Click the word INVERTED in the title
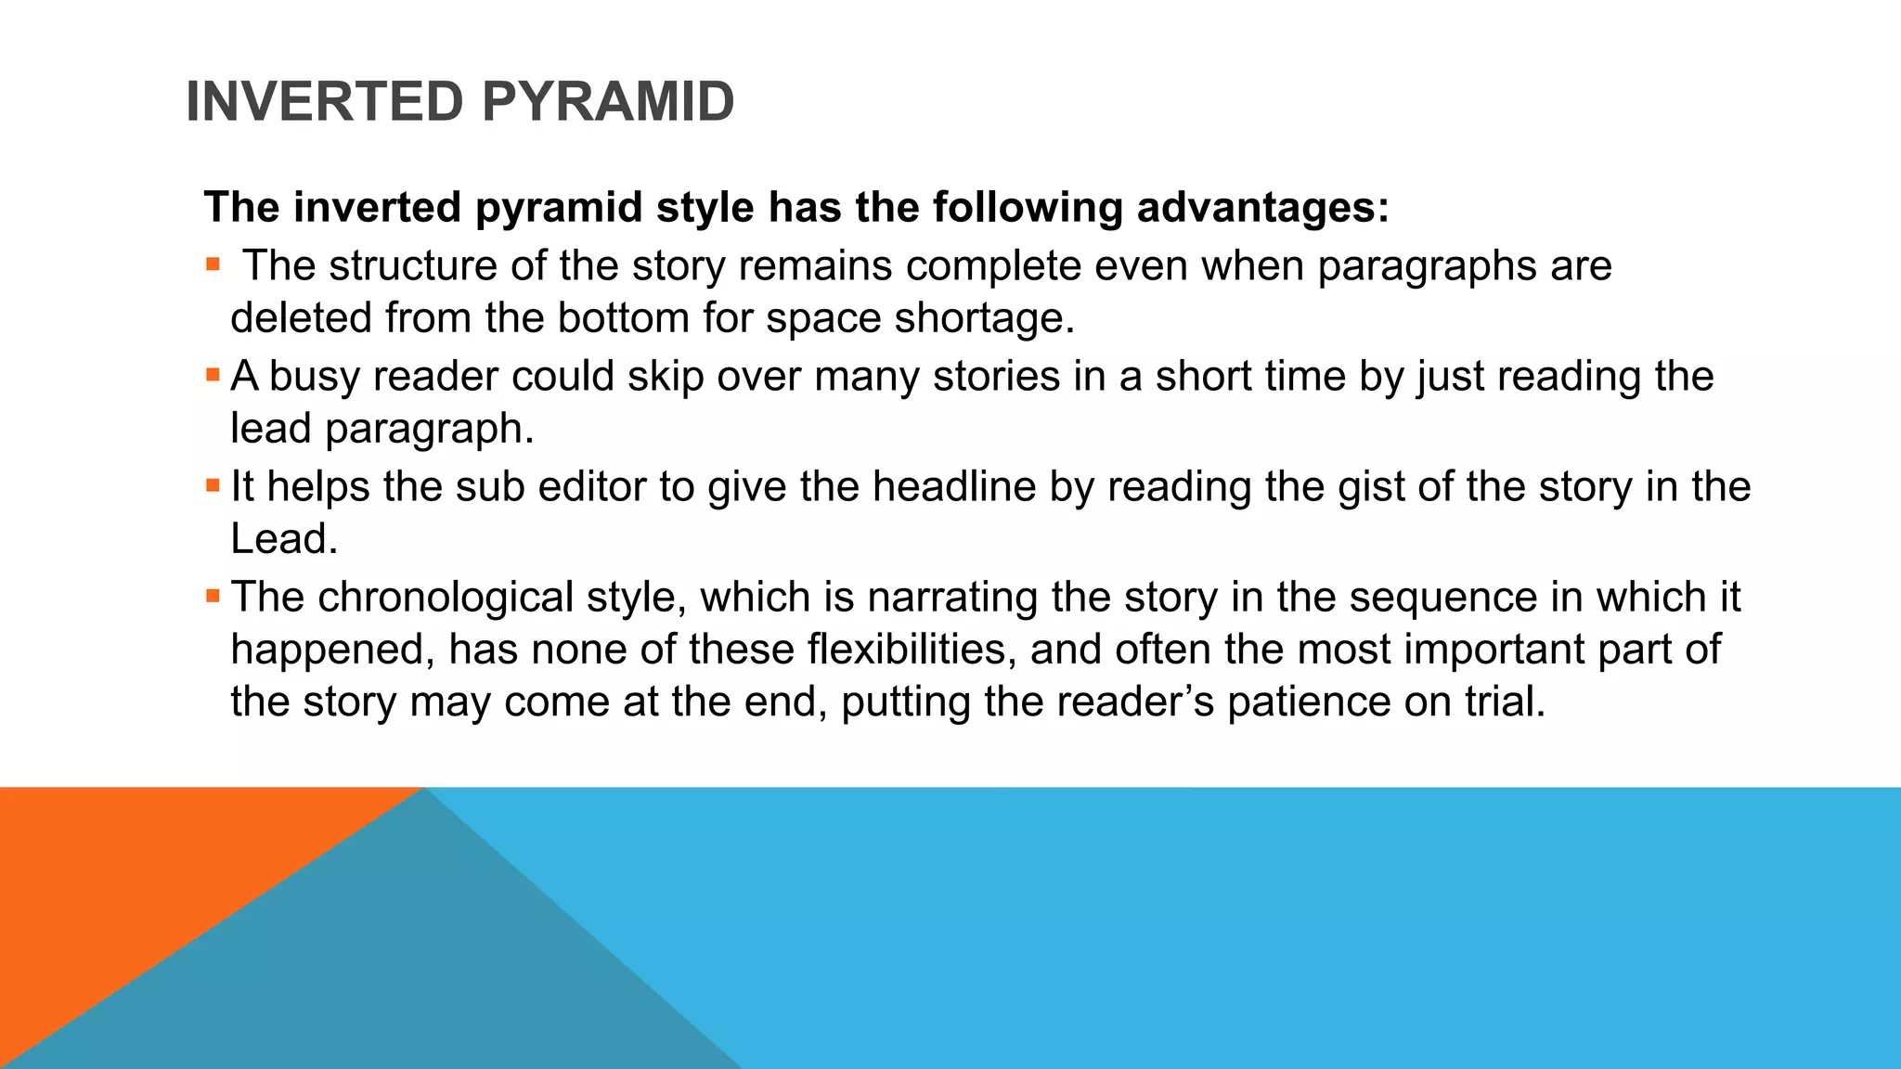pos(324,101)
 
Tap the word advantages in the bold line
pos(1262,207)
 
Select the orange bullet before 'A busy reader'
pos(213,376)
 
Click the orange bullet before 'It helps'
pos(213,485)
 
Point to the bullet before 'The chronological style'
pos(213,596)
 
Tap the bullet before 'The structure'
pos(213,265)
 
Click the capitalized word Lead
pos(283,539)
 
